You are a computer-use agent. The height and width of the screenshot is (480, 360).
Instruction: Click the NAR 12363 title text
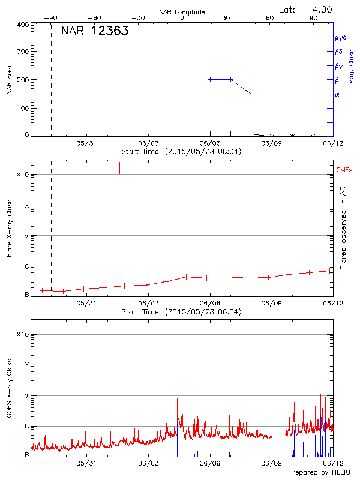coord(94,32)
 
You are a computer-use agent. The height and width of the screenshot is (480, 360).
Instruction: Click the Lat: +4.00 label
coord(306,10)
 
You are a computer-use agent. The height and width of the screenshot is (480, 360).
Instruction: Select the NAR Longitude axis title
coord(182,12)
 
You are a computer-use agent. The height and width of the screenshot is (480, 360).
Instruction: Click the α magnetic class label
coord(337,94)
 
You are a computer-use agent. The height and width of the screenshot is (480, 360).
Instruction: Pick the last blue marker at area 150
coord(251,94)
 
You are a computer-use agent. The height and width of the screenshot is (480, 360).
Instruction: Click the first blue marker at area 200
coord(210,79)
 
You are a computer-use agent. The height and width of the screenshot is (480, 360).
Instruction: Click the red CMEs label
coord(344,170)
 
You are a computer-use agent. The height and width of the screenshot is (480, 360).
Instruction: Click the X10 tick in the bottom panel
coord(22,334)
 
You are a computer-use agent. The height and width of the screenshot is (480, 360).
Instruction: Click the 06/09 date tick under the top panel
coord(271,143)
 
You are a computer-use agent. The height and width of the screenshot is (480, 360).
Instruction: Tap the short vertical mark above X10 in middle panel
coord(119,167)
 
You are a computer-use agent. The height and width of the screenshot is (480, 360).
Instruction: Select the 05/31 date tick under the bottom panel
coord(86,463)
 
